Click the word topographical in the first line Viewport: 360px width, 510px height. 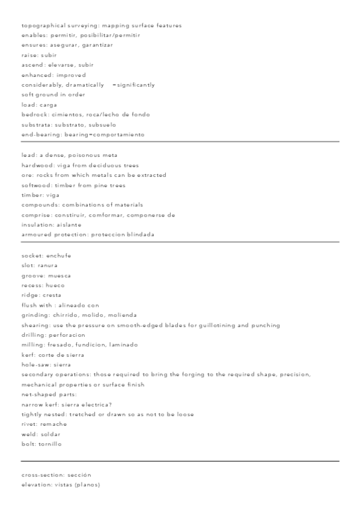[x=41, y=25]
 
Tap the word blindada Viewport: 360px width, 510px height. [x=140, y=235]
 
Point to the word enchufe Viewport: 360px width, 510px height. [x=59, y=256]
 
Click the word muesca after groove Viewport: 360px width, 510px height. [x=59, y=275]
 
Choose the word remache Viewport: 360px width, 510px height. [x=54, y=424]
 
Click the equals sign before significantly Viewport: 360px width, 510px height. [x=114, y=85]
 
